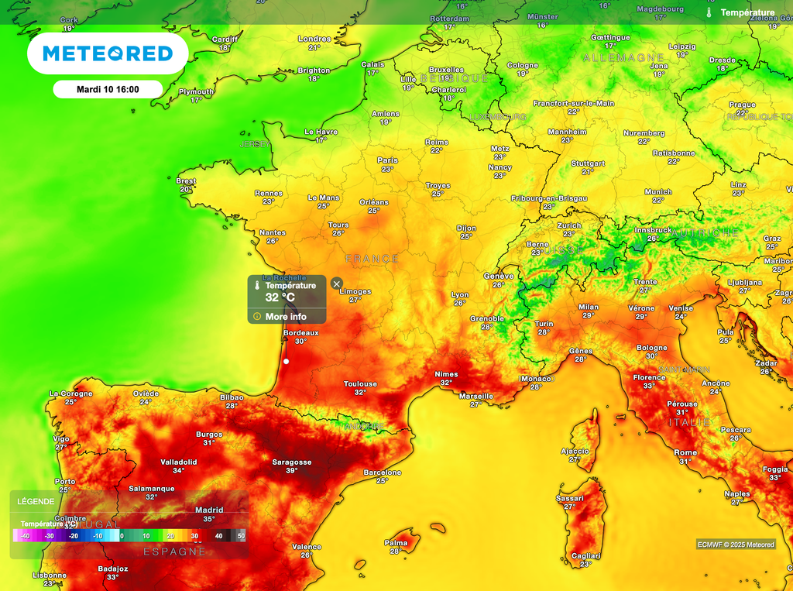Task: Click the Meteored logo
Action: (x=108, y=53)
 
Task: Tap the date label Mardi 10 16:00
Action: (x=108, y=89)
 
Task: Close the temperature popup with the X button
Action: (x=337, y=283)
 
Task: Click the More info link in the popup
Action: (x=286, y=316)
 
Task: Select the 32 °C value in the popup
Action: (x=280, y=297)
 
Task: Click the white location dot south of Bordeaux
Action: (x=287, y=362)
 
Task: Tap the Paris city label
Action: (x=387, y=161)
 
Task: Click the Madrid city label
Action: (x=209, y=510)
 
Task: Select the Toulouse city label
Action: (x=361, y=384)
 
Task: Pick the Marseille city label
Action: (x=475, y=396)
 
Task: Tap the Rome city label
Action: (x=685, y=453)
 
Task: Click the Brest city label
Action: (x=186, y=181)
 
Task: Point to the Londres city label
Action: (x=314, y=40)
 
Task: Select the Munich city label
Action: (x=658, y=192)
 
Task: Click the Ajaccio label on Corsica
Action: (x=575, y=451)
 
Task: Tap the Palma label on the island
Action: (x=396, y=543)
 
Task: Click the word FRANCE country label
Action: (x=372, y=259)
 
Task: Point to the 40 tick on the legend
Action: (x=219, y=536)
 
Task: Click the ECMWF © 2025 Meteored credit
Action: (x=735, y=545)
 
